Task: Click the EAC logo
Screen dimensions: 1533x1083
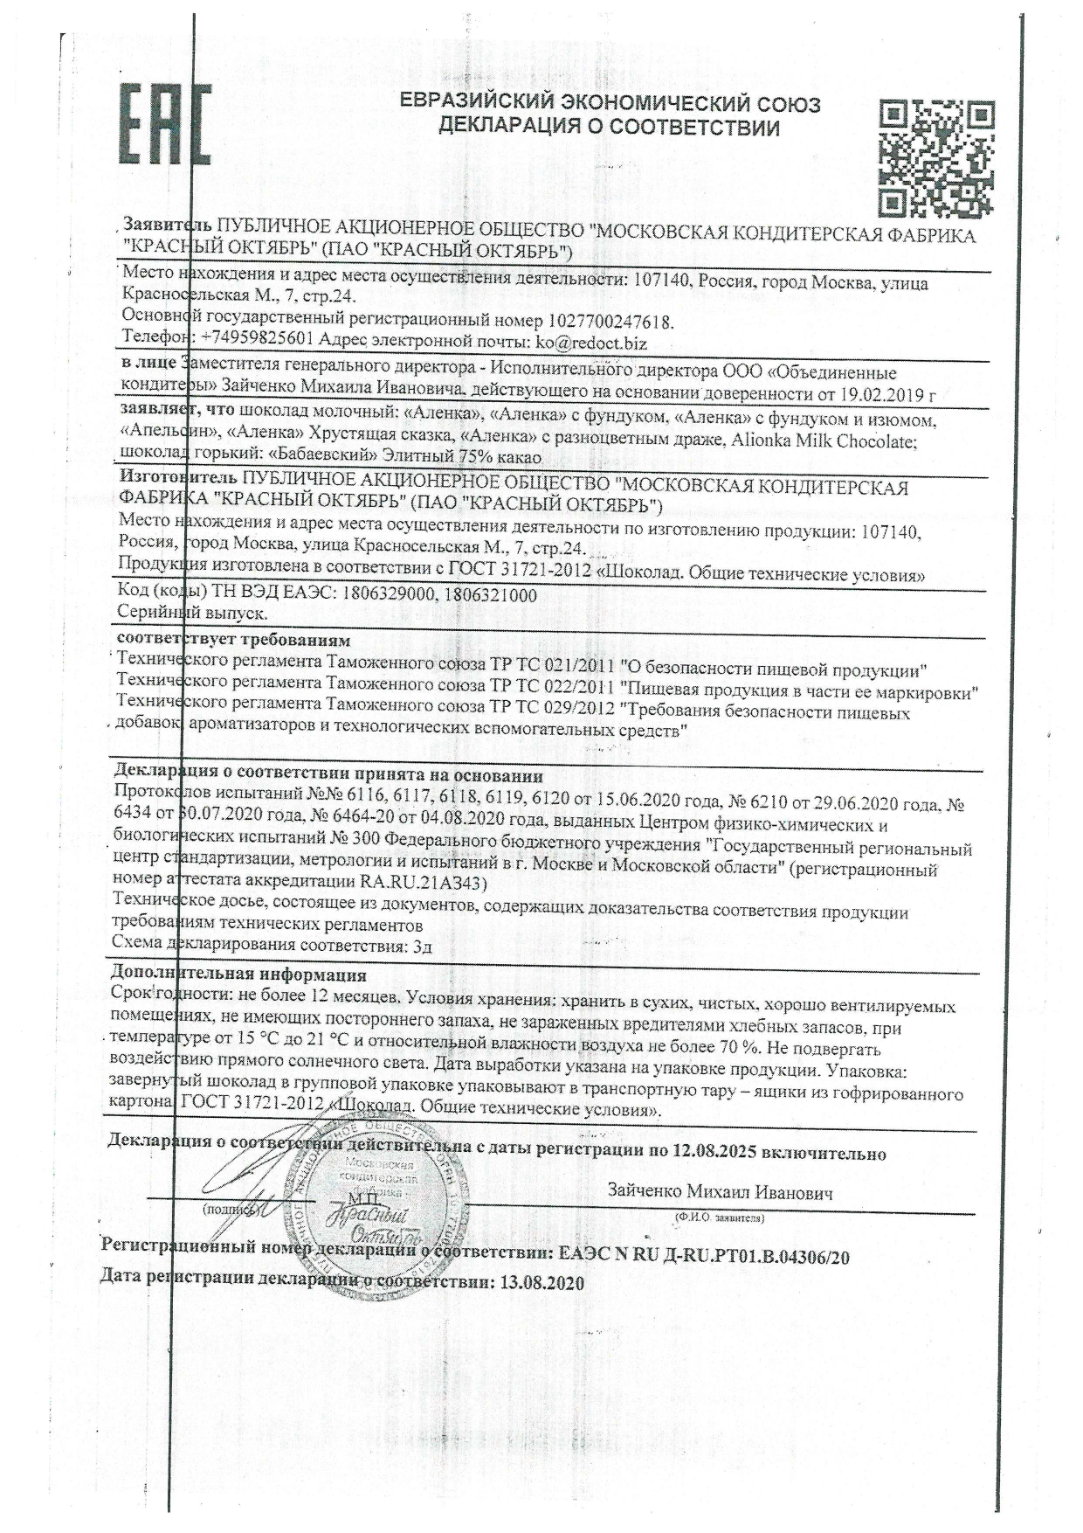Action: (164, 127)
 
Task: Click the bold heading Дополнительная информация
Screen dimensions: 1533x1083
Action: (239, 974)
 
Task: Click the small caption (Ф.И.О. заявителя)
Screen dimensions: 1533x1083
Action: (719, 1217)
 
